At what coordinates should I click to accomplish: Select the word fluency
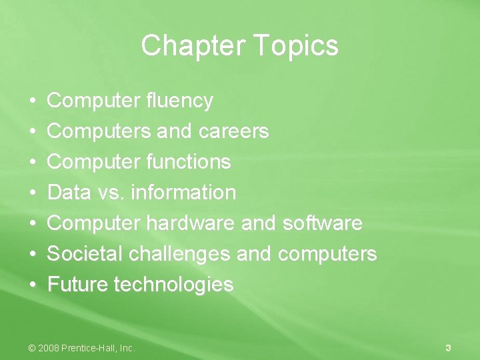pos(179,101)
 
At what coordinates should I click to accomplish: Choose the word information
pos(183,193)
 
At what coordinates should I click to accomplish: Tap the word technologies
pos(174,285)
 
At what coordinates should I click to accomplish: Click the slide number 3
pos(448,347)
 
